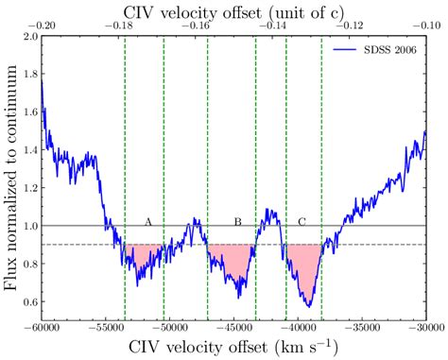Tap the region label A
click(x=147, y=221)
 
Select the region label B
click(x=237, y=221)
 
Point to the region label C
click(x=302, y=221)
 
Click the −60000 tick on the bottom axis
click(x=41, y=330)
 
